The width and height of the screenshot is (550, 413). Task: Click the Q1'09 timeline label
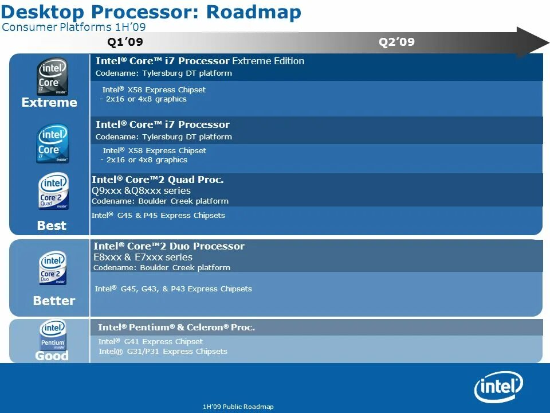(x=125, y=42)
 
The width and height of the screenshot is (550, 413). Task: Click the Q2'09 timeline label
(x=396, y=42)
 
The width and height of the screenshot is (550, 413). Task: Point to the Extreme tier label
(x=49, y=103)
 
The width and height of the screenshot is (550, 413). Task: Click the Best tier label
(x=52, y=225)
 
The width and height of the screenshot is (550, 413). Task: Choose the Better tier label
(x=54, y=301)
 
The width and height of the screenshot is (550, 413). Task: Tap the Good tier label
(x=52, y=356)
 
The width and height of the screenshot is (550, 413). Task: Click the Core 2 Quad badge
(x=53, y=191)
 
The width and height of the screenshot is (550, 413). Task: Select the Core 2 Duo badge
(x=53, y=268)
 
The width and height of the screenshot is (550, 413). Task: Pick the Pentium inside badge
(x=53, y=336)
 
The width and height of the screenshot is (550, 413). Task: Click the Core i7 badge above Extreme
(x=53, y=76)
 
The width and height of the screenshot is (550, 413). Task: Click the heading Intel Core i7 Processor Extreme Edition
(x=200, y=61)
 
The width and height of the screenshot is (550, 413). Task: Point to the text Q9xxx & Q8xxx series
(x=141, y=190)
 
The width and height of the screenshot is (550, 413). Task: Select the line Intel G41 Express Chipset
(x=151, y=341)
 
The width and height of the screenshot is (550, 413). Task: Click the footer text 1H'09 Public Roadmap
(x=238, y=407)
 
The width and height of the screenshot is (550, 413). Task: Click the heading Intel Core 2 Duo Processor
(x=169, y=246)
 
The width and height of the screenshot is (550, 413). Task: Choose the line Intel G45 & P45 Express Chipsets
(x=158, y=216)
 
